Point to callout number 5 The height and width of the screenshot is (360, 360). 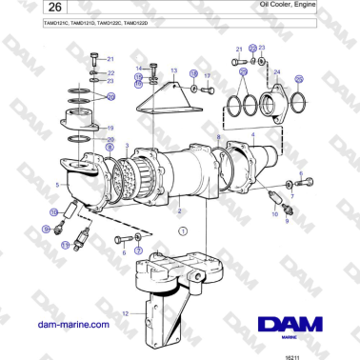58,185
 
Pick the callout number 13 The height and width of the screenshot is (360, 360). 173,71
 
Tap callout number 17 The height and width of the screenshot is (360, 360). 207,74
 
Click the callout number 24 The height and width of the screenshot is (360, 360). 277,72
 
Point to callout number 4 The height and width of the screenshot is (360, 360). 252,137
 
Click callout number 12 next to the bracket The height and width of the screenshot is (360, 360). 124,312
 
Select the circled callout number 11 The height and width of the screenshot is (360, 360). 65,245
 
